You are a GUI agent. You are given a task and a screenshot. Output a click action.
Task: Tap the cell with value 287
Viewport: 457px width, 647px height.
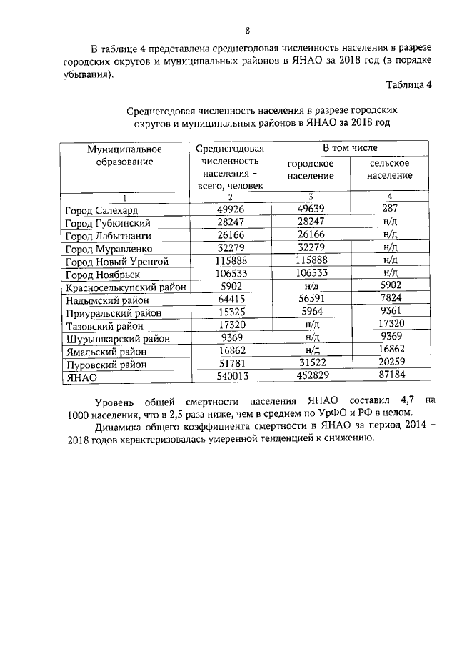[x=390, y=209]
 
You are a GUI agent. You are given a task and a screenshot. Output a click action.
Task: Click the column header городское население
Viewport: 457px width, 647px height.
[x=311, y=169]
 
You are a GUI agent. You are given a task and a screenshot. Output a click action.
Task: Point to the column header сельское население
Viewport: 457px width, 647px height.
[x=390, y=169]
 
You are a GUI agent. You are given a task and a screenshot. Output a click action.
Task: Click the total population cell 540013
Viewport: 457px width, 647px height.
[x=230, y=377]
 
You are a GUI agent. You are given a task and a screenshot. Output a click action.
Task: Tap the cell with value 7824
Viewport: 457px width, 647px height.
[x=390, y=300]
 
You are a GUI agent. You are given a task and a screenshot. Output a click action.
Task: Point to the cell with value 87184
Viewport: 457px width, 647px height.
[x=390, y=377]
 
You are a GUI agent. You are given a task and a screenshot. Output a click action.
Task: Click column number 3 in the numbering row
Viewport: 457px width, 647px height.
[x=310, y=197]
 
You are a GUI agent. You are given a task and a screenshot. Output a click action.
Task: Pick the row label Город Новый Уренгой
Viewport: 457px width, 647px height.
[x=116, y=262]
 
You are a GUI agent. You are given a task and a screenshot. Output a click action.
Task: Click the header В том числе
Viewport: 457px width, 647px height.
[x=350, y=148]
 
